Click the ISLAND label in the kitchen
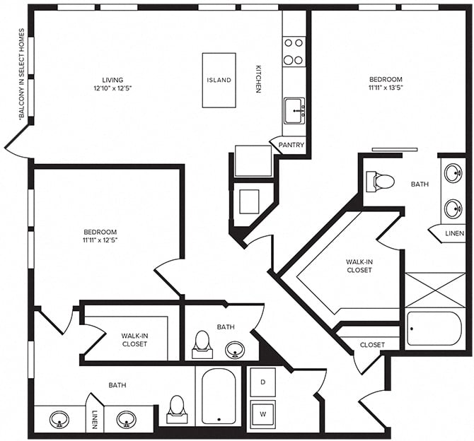[x=219, y=80]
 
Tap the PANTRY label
[x=291, y=146]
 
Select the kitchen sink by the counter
[x=294, y=110]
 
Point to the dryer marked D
[x=262, y=382]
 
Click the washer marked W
[x=262, y=412]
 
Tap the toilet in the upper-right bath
[x=381, y=182]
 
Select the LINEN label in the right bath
[x=454, y=234]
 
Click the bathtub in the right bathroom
[x=434, y=328]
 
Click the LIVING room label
[x=112, y=80]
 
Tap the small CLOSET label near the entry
[x=372, y=345]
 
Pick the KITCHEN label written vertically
[x=258, y=79]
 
